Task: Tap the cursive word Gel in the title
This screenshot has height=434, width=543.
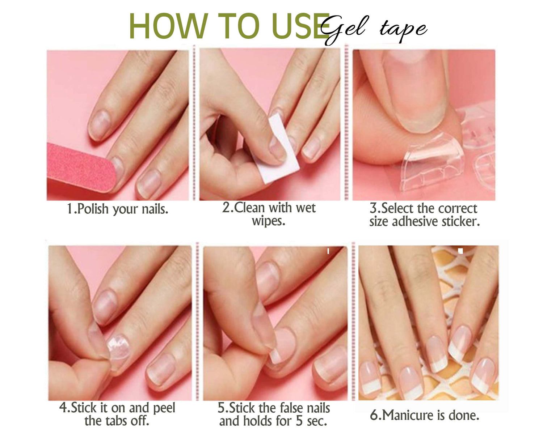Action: pos(344,29)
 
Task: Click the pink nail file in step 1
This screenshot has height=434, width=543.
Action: pos(81,168)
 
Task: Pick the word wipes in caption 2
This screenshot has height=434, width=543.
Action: pos(269,221)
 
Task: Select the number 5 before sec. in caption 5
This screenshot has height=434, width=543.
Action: pos(299,421)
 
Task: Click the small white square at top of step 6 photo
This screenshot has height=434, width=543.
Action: pos(460,251)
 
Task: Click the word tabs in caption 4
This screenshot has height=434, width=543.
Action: pos(118,421)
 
